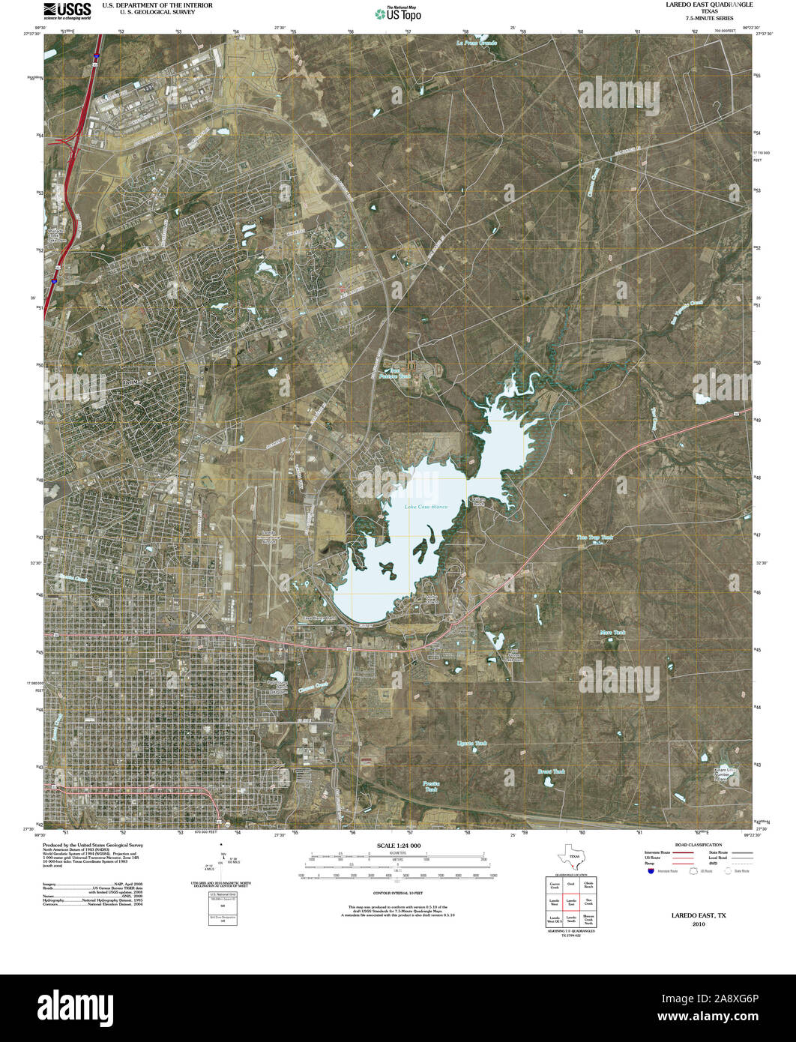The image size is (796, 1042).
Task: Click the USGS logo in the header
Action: click(x=67, y=10)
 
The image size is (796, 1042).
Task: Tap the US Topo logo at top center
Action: click(x=397, y=12)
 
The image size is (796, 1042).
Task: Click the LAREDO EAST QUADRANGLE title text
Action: click(x=699, y=4)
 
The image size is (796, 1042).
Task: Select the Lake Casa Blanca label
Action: click(x=426, y=507)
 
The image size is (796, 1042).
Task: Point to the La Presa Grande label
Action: click(x=477, y=43)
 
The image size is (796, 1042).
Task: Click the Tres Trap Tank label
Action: click(x=594, y=537)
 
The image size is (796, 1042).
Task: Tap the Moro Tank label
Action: click(x=612, y=633)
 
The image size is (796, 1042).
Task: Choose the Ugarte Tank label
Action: click(x=472, y=744)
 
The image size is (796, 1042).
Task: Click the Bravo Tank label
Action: click(x=552, y=771)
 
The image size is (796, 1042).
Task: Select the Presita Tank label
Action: click(x=431, y=786)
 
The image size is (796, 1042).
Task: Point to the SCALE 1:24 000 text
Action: click(x=397, y=846)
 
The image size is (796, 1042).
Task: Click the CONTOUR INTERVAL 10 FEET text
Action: click(x=397, y=894)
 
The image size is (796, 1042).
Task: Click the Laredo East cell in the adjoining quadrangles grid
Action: click(x=571, y=904)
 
